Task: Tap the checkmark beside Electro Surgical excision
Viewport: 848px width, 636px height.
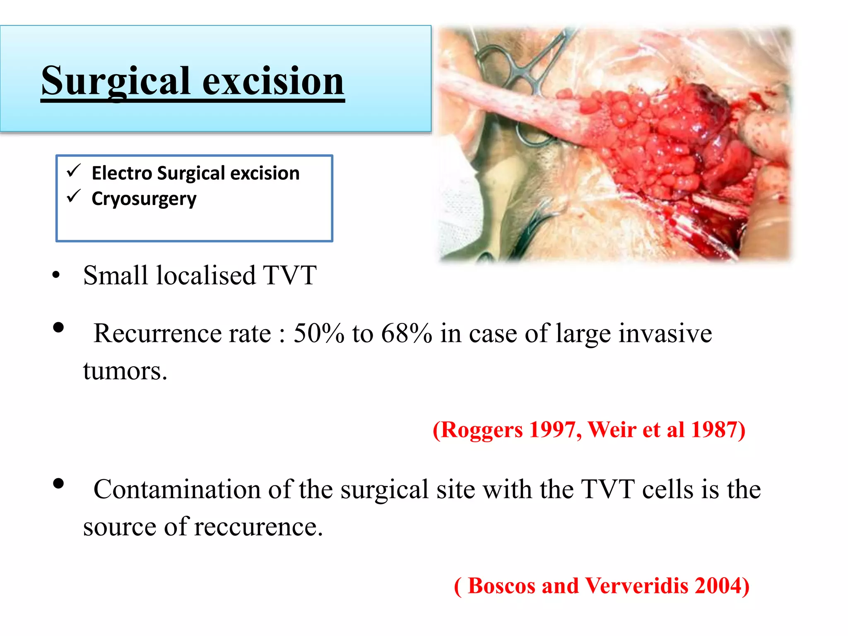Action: pyautogui.click(x=74, y=171)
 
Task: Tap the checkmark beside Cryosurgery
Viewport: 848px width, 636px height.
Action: pyautogui.click(x=74, y=196)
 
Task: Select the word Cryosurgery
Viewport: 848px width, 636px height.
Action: pyautogui.click(x=144, y=199)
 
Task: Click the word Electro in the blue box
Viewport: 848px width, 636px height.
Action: pyautogui.click(x=122, y=173)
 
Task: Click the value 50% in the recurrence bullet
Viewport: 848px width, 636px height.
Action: pyautogui.click(x=318, y=333)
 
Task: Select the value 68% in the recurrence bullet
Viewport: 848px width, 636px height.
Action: pyautogui.click(x=406, y=333)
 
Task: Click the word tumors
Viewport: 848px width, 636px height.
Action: pyautogui.click(x=125, y=371)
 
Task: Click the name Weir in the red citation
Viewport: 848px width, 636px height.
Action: pyautogui.click(x=612, y=430)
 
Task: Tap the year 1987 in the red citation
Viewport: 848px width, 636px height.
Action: pyautogui.click(x=715, y=430)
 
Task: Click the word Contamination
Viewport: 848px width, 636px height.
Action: pyautogui.click(x=176, y=489)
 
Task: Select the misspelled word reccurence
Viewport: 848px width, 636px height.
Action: pyautogui.click(x=258, y=527)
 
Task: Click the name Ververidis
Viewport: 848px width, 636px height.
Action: pyautogui.click(x=637, y=586)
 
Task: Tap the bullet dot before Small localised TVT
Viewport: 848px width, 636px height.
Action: pyautogui.click(x=56, y=275)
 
